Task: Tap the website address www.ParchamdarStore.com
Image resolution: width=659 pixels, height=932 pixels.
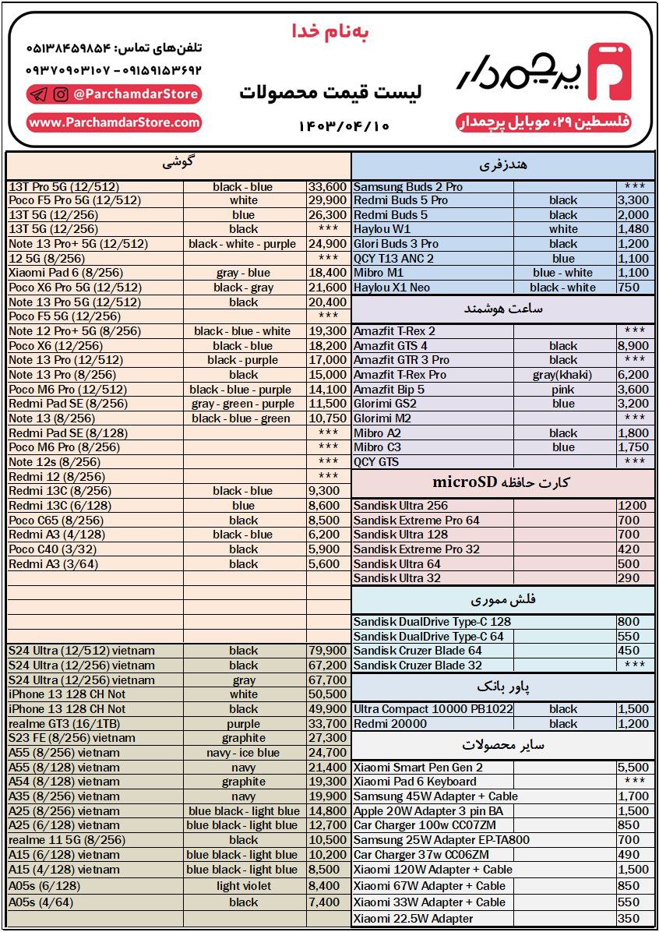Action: pyautogui.click(x=115, y=122)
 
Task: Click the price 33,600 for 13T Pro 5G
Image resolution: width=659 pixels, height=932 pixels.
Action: pyautogui.click(x=327, y=187)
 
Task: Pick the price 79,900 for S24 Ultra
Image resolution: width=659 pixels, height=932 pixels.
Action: pyautogui.click(x=327, y=651)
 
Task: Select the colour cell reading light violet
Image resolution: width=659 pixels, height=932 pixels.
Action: pyautogui.click(x=244, y=886)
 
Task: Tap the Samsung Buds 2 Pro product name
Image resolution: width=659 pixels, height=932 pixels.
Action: pyautogui.click(x=408, y=187)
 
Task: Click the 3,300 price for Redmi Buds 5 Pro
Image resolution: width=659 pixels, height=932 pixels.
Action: pyautogui.click(x=633, y=200)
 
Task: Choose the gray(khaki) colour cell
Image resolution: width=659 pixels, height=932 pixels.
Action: pyautogui.click(x=562, y=375)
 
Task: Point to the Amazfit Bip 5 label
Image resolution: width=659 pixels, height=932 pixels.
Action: pyautogui.click(x=389, y=390)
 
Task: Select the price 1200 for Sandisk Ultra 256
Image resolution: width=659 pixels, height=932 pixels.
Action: pyautogui.click(x=632, y=505)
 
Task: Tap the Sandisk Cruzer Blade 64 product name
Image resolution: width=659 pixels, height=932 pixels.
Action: pyautogui.click(x=418, y=651)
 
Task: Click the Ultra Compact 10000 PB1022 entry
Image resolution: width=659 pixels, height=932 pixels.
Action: pyautogui.click(x=433, y=709)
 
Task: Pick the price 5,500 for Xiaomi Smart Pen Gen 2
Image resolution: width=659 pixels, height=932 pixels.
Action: pyautogui.click(x=633, y=768)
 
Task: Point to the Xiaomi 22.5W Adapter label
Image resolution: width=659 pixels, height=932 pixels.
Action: pyautogui.click(x=413, y=919)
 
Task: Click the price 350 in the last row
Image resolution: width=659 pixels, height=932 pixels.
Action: pyautogui.click(x=629, y=919)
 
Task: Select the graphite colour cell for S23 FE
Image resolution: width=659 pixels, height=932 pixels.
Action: pyautogui.click(x=244, y=738)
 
